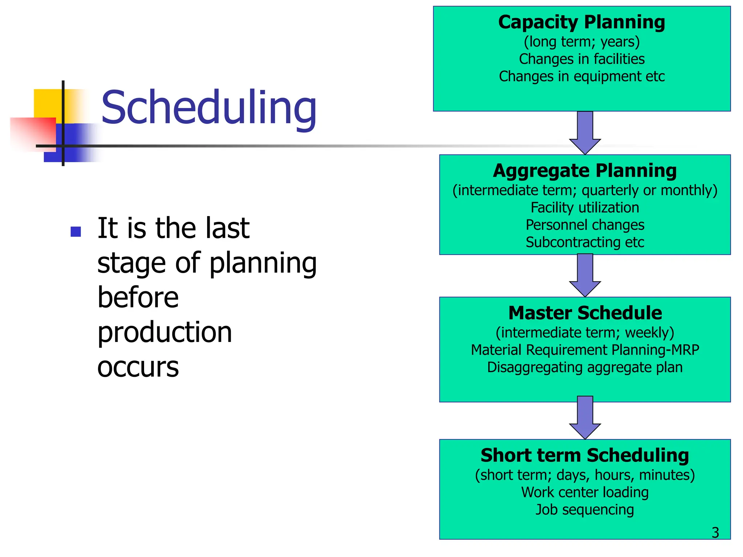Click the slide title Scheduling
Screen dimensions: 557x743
pyautogui.click(x=209, y=108)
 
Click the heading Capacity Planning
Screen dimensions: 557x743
pyautogui.click(x=582, y=22)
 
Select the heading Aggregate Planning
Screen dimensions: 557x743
pyautogui.click(x=585, y=170)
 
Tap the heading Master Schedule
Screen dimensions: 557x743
pyautogui.click(x=585, y=313)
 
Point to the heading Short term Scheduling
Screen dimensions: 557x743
pyautogui.click(x=585, y=455)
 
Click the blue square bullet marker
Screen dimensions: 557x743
pyautogui.click(x=76, y=231)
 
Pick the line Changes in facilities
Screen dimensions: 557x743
pyautogui.click(x=582, y=59)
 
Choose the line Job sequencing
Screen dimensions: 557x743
pyautogui.click(x=585, y=509)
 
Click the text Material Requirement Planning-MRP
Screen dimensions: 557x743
pyautogui.click(x=585, y=350)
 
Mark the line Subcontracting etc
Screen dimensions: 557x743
pyautogui.click(x=585, y=242)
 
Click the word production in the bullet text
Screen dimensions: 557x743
pyautogui.click(x=165, y=332)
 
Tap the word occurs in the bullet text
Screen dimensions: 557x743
pyautogui.click(x=138, y=367)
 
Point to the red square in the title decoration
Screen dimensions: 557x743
pyautogui.click(x=33, y=132)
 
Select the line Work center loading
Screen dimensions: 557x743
pyautogui.click(x=585, y=492)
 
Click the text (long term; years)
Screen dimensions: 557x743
pyautogui.click(x=582, y=42)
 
